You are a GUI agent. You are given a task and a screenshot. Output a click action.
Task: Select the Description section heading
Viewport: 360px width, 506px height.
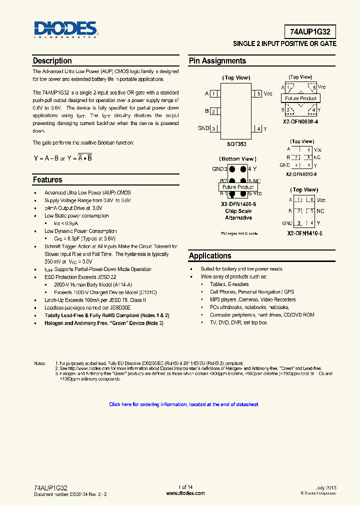click(52, 61)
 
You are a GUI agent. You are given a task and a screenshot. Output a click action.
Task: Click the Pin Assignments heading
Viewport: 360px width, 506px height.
click(217, 61)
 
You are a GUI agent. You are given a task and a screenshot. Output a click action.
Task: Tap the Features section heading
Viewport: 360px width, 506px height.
click(47, 180)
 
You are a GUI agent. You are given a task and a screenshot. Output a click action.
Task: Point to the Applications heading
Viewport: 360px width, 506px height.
click(210, 256)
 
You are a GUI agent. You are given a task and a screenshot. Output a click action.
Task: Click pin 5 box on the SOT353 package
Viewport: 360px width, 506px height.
click(258, 93)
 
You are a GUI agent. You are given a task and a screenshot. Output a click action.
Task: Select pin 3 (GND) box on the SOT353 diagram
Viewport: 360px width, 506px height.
click(214, 128)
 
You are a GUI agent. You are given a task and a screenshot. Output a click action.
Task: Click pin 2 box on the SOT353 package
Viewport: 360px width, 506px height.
click(213, 111)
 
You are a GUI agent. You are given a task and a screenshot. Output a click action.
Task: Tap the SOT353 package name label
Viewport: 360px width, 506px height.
click(236, 144)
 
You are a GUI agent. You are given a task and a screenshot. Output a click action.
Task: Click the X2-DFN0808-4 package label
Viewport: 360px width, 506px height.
click(300, 121)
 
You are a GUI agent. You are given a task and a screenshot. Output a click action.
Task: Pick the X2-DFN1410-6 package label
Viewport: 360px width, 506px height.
click(304, 233)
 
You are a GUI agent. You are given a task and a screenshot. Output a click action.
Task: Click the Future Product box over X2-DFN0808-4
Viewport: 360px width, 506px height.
click(300, 98)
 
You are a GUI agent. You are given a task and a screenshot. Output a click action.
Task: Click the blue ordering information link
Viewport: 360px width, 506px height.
click(183, 404)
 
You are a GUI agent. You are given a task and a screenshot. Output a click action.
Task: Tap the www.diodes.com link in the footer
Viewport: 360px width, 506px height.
click(185, 493)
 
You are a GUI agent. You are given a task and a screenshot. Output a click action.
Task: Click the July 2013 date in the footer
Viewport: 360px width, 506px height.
click(326, 487)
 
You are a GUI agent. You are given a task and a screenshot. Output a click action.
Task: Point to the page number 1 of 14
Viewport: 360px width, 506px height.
click(185, 487)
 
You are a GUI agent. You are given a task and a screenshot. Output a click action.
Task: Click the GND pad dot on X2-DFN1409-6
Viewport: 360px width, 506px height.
click(232, 169)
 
